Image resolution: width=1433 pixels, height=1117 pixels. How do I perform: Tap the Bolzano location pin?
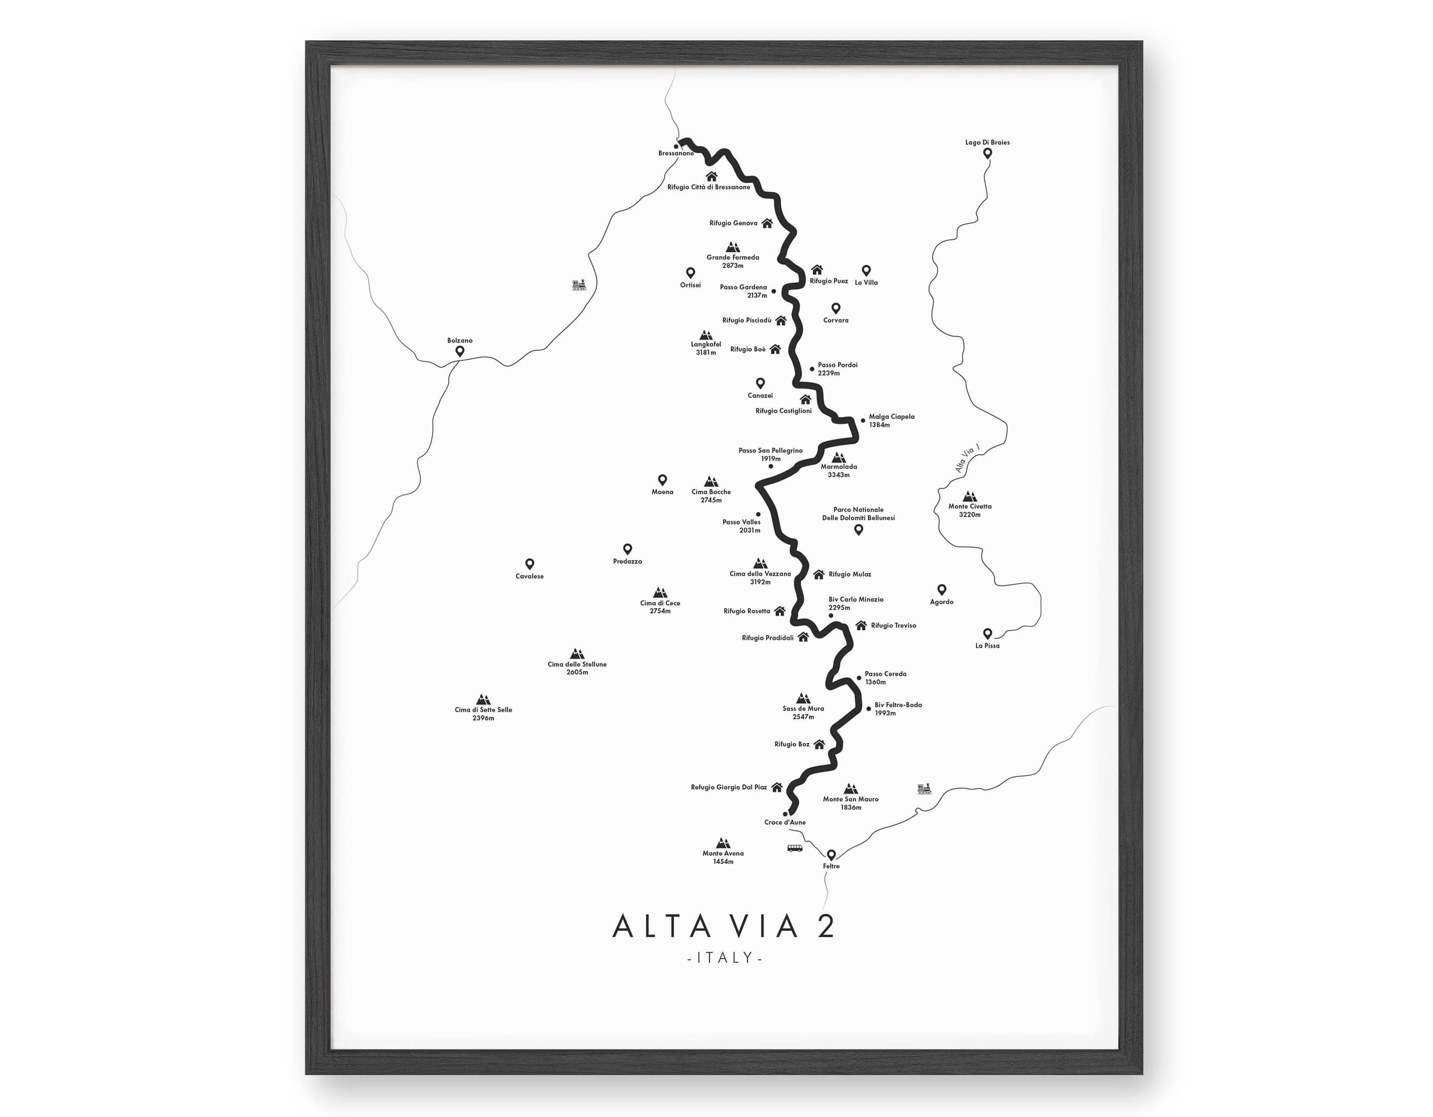coord(460,351)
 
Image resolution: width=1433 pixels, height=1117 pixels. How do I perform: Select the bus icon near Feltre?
coord(794,848)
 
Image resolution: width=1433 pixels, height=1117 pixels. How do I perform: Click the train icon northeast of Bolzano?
coord(579,285)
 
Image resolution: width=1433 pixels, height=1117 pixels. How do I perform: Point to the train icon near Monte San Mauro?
coord(924,788)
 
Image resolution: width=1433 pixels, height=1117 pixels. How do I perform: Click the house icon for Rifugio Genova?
coord(767,223)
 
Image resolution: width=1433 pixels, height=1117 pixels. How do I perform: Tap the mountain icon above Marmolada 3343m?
coord(838,457)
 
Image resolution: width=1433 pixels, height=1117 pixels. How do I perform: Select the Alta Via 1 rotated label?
coord(967,458)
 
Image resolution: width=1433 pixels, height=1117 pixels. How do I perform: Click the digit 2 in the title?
coord(825,926)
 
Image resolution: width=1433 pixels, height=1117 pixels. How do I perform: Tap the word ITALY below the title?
coord(725,958)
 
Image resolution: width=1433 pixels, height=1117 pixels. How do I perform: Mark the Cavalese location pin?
coord(529,564)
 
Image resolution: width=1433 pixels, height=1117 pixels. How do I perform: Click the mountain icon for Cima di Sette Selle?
coord(483,699)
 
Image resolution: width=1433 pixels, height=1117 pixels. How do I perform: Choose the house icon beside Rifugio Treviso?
coord(861,625)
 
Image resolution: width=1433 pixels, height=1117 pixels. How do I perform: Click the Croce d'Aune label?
coord(785,822)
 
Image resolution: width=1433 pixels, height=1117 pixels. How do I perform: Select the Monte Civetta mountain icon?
coord(969,497)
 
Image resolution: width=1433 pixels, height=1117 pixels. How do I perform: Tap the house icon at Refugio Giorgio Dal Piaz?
coord(777,787)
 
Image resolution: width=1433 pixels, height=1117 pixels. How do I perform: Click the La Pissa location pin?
coord(987,633)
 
